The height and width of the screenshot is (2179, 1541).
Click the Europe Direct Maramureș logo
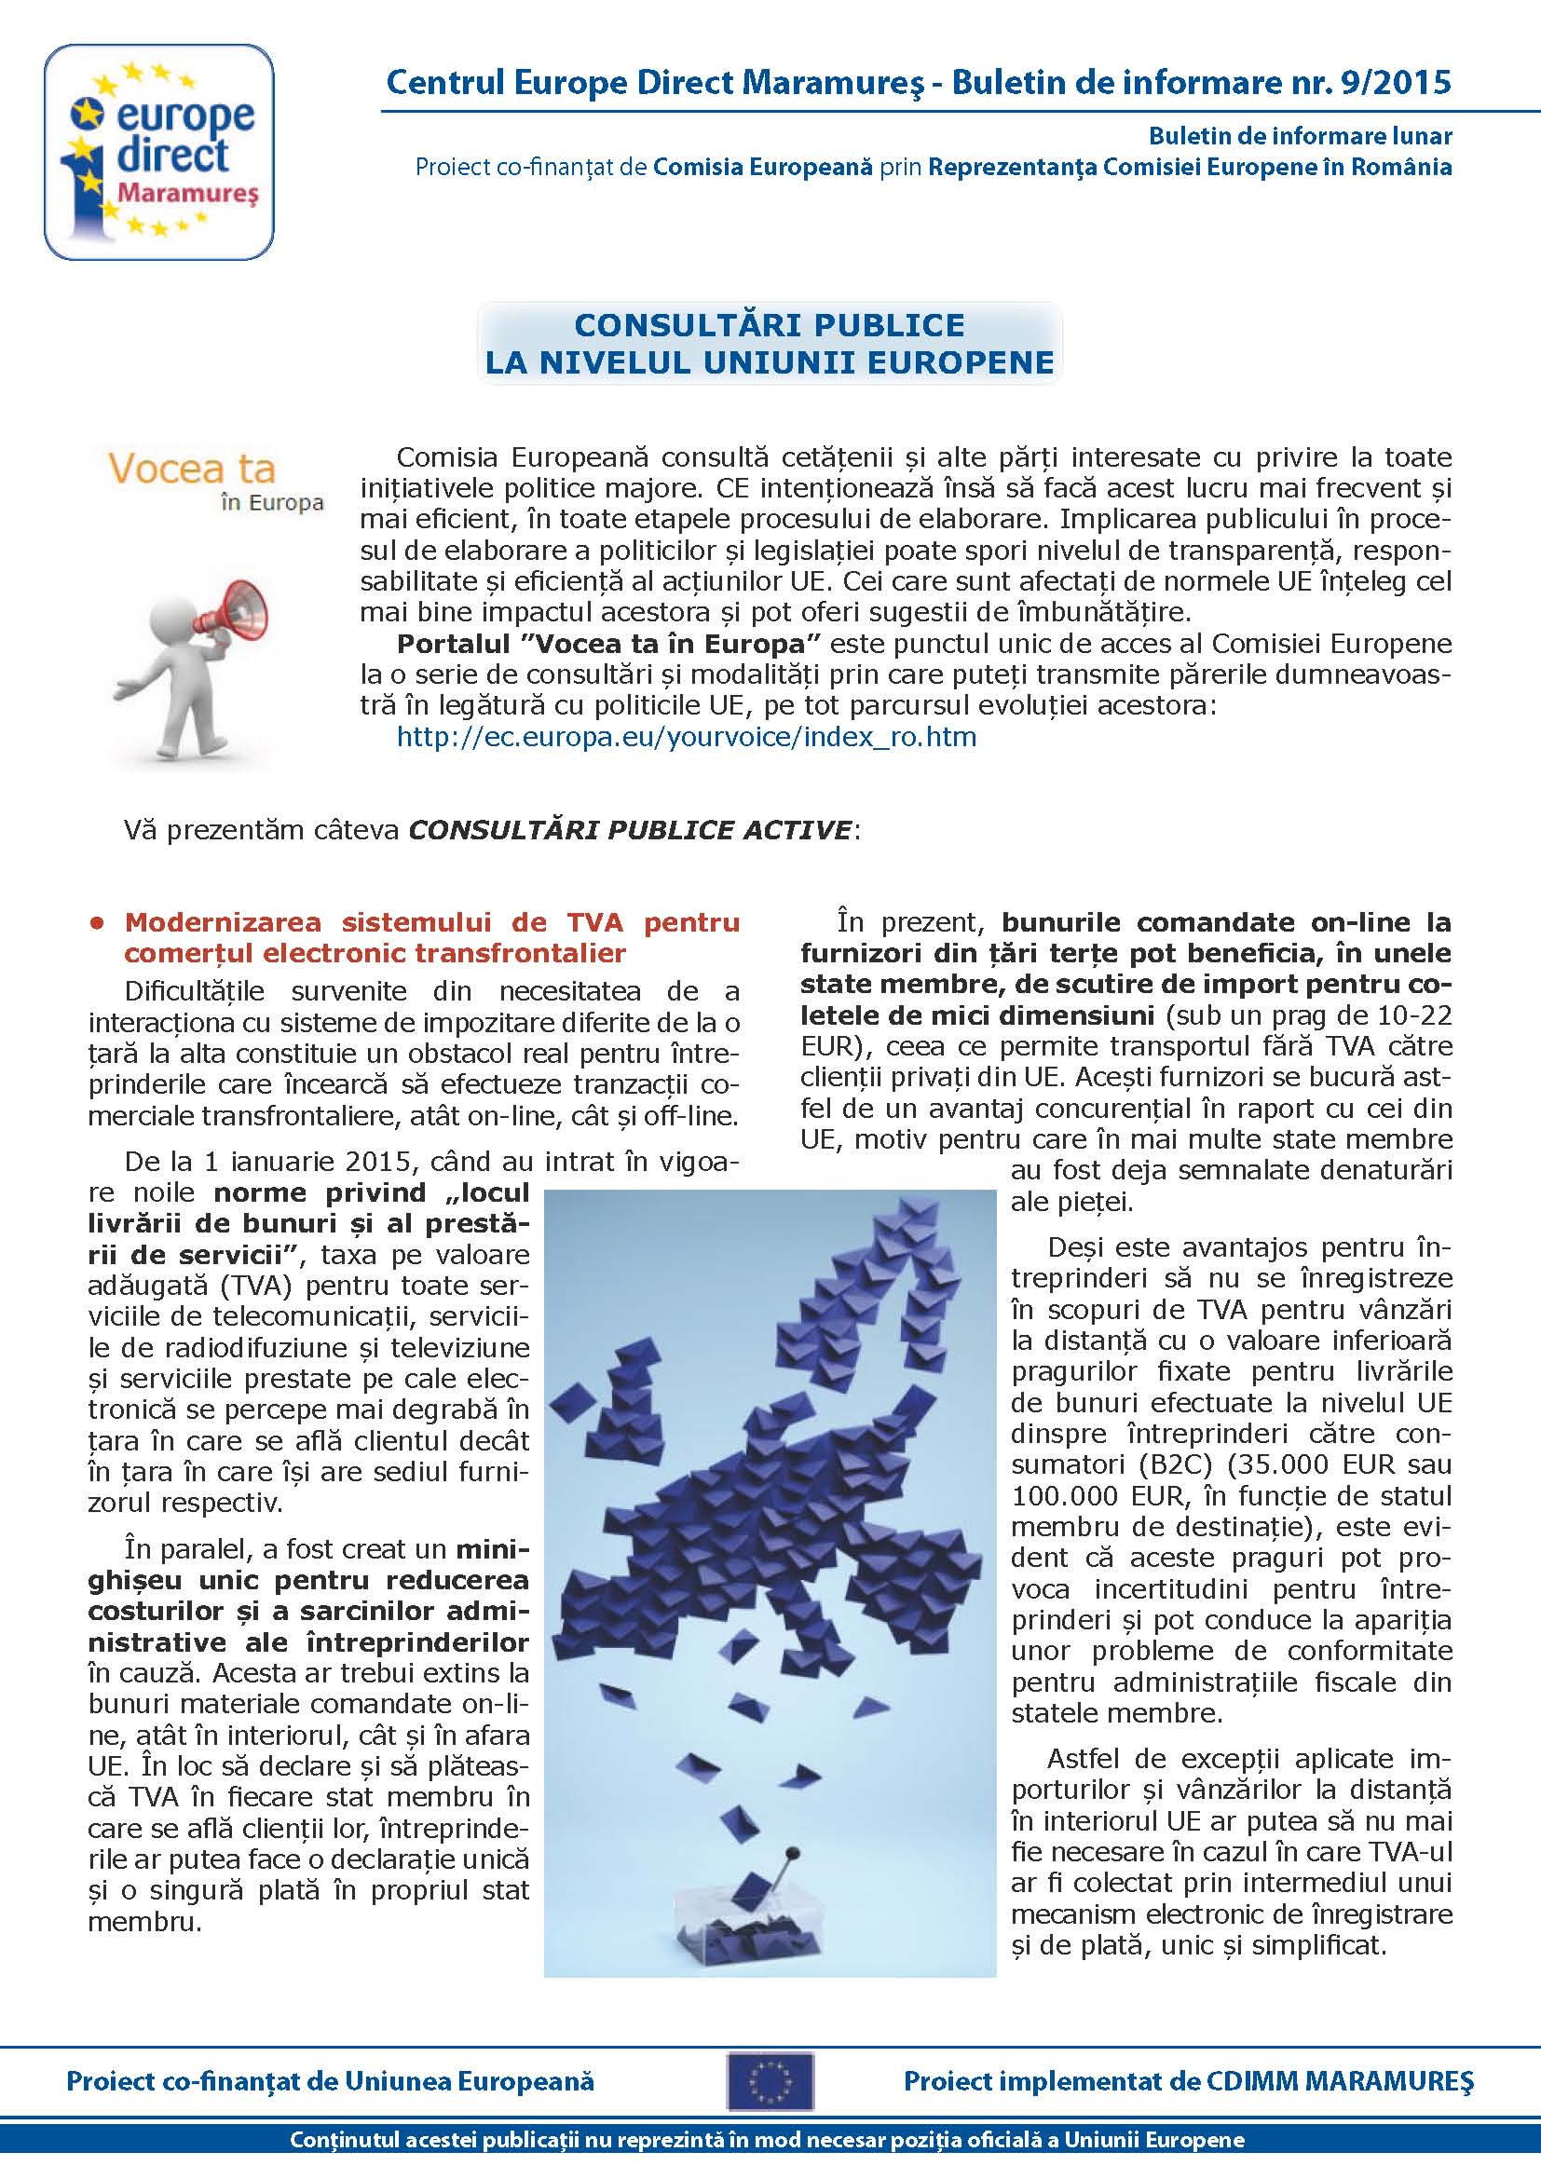click(159, 152)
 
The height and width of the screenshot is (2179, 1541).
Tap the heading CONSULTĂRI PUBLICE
click(769, 325)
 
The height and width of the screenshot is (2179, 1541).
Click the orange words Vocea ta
click(192, 469)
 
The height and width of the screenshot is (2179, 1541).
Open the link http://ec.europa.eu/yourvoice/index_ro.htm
click(686, 737)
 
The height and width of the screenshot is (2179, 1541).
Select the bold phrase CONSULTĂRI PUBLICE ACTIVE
click(630, 829)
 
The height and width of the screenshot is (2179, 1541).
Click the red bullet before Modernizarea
click(95, 922)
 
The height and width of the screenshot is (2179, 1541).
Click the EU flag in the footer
click(770, 2081)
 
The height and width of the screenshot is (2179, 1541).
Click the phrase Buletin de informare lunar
click(1300, 136)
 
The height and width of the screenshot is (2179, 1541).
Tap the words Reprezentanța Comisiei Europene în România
click(1190, 167)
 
